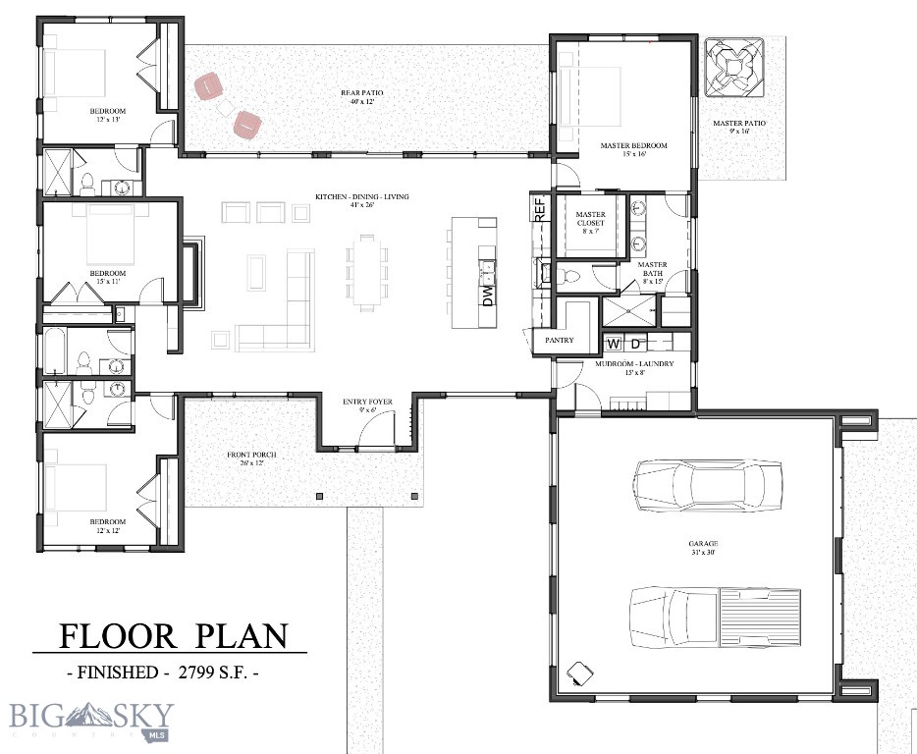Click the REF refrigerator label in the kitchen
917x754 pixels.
pyautogui.click(x=539, y=208)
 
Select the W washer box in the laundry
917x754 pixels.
pyautogui.click(x=614, y=345)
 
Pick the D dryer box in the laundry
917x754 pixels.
pyautogui.click(x=635, y=345)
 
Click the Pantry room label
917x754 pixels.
pyautogui.click(x=559, y=341)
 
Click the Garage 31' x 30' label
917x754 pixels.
pyautogui.click(x=702, y=548)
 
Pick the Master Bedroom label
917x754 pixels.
pyautogui.click(x=633, y=149)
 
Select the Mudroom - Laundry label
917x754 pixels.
pyautogui.click(x=634, y=368)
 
